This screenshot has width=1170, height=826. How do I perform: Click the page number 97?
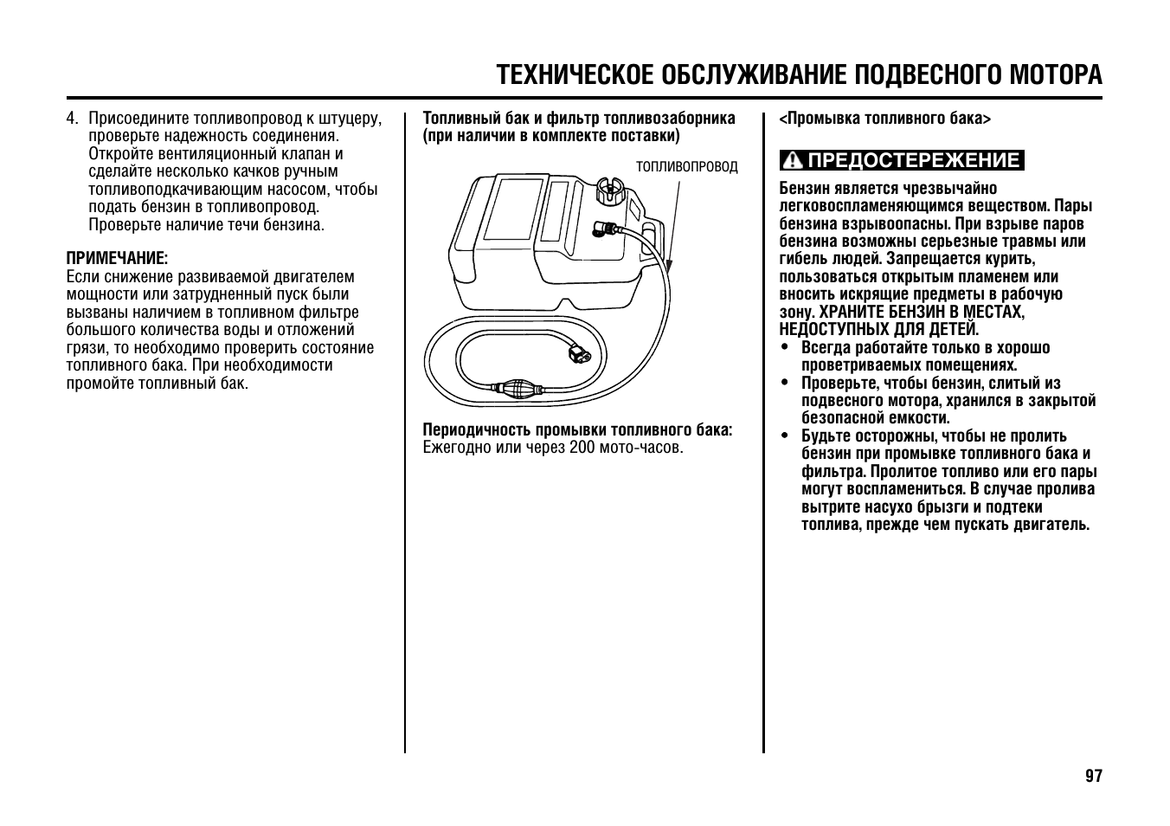[x=1094, y=776]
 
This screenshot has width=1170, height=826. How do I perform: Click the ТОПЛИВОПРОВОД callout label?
[x=687, y=167]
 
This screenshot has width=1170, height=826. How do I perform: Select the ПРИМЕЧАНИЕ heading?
[x=117, y=258]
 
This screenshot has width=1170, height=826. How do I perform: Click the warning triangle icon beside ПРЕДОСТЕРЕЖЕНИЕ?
[x=791, y=161]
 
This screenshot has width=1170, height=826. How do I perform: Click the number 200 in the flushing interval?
[x=582, y=448]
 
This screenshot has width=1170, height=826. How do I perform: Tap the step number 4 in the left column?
[x=73, y=119]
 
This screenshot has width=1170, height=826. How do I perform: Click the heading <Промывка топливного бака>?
[x=884, y=119]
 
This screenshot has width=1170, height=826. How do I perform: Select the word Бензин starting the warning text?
[x=803, y=189]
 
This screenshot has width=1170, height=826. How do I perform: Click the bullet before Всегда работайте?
[x=784, y=348]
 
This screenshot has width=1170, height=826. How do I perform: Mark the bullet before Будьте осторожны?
[x=784, y=436]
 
